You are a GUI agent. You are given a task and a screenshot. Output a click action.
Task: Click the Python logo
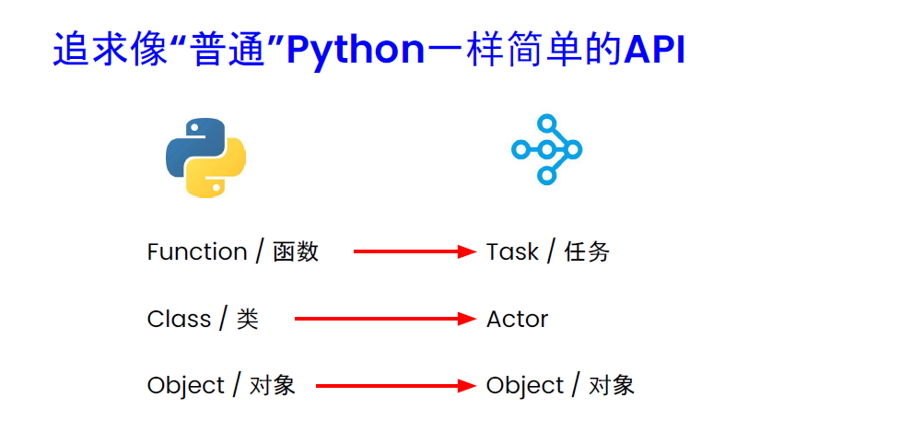coord(205,157)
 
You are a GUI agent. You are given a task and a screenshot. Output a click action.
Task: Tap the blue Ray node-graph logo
coord(547,149)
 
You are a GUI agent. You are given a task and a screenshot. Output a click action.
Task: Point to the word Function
coord(197,251)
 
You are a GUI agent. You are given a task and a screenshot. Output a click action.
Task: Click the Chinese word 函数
coord(296,251)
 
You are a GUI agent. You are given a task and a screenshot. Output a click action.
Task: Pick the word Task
coord(512,251)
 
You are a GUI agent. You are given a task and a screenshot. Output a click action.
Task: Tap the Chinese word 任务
coord(587,251)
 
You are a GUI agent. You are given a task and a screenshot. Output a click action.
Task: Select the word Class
coord(179,319)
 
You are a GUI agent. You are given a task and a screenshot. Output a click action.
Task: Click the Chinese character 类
coord(247,319)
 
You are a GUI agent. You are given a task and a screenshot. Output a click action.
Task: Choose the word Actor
coord(517,319)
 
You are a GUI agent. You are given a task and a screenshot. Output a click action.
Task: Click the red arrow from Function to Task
coord(414,251)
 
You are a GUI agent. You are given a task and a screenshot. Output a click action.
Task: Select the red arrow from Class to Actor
coord(384,319)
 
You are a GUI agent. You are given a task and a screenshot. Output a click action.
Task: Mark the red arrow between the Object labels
coord(394,386)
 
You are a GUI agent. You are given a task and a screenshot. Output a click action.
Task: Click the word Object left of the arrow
coord(186,385)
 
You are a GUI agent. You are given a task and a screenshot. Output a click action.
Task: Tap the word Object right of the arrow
coord(525,385)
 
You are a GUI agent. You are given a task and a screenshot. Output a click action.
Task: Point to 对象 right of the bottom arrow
coord(612,385)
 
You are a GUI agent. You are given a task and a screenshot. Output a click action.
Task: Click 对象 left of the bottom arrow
coord(272,385)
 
